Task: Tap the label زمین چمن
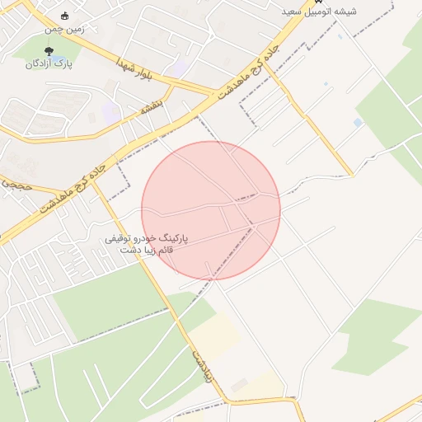[x=64, y=29]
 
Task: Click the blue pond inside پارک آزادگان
[x=32, y=49]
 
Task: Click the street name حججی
[x=16, y=186]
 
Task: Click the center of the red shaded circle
[x=211, y=210]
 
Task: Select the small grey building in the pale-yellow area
[x=240, y=384]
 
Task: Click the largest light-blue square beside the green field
[x=358, y=122]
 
